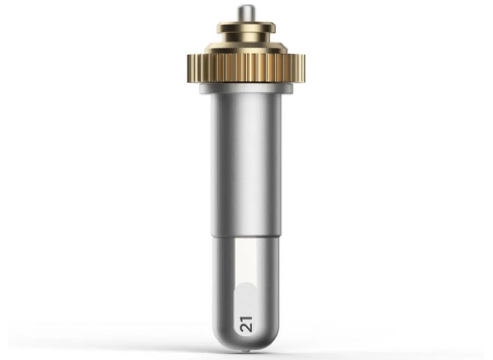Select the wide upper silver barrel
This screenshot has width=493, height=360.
click(246, 165)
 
